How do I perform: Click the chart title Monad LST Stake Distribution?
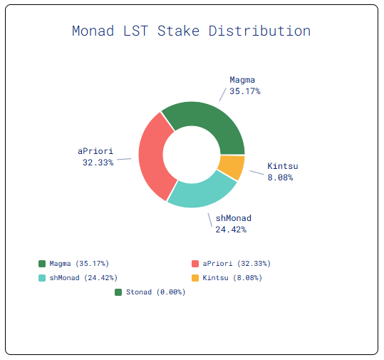191,31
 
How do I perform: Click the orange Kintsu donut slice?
232,168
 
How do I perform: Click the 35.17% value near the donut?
244,91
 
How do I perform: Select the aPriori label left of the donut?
95,151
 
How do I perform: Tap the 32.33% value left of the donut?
98,163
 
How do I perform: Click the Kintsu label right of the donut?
282,166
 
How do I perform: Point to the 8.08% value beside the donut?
280,177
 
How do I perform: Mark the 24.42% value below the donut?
231,229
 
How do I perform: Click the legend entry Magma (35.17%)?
79,264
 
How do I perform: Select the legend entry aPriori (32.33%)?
236,264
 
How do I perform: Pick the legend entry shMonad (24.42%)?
83,277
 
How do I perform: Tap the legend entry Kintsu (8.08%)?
232,277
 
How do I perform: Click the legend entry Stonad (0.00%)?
155,292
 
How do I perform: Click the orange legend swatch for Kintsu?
196,277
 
